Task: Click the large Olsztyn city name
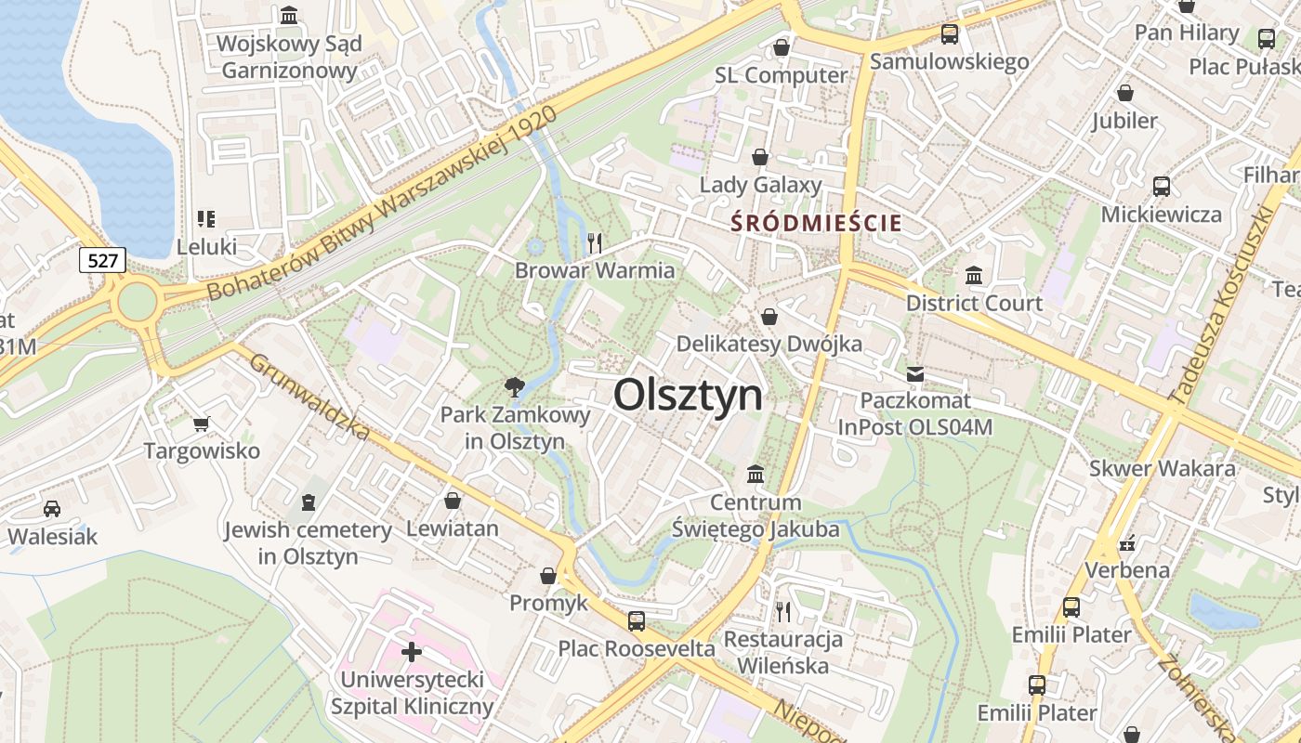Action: click(x=688, y=395)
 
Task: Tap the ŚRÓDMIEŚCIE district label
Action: click(x=816, y=223)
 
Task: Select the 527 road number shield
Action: click(x=102, y=260)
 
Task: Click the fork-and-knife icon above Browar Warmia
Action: click(x=595, y=243)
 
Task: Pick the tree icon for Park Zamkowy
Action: click(x=513, y=386)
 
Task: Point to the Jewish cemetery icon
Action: click(x=308, y=502)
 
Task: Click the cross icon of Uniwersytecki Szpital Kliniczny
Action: click(x=412, y=652)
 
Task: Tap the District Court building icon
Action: click(x=974, y=276)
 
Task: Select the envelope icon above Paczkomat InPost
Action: click(x=915, y=374)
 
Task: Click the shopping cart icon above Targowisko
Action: click(x=201, y=424)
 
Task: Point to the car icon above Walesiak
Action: click(x=52, y=509)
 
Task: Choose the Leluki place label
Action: click(x=207, y=247)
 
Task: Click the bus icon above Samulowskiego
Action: click(x=949, y=34)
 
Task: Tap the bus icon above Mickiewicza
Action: click(x=1161, y=187)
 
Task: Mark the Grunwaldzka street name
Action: click(x=309, y=398)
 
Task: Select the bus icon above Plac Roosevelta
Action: click(x=637, y=621)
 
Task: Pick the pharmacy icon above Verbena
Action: click(x=1128, y=542)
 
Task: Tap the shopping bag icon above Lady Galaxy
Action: click(x=760, y=158)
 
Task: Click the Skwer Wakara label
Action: click(x=1163, y=468)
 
